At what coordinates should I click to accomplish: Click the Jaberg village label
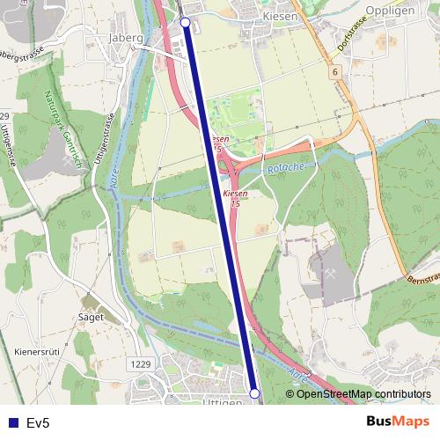point(124,38)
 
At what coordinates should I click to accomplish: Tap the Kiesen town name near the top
point(258,16)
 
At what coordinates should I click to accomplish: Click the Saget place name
point(91,317)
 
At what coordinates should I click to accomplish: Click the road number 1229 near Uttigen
point(139,363)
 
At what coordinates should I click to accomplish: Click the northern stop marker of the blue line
point(185,22)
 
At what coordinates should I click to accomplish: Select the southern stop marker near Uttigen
point(254,393)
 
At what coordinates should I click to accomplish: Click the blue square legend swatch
point(12,423)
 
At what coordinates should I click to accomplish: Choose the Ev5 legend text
point(39,423)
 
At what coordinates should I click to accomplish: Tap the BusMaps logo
point(398,422)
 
